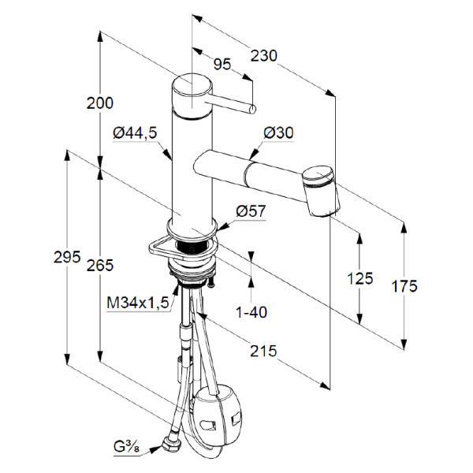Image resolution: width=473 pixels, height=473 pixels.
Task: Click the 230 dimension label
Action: (x=265, y=55)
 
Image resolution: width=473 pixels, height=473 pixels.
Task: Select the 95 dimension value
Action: (x=222, y=65)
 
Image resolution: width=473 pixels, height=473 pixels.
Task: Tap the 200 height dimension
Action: (x=100, y=102)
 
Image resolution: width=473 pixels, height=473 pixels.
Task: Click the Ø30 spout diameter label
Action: (x=278, y=133)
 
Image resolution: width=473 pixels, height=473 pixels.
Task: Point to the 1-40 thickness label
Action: (x=252, y=312)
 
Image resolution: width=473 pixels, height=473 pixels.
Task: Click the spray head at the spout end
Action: (x=321, y=190)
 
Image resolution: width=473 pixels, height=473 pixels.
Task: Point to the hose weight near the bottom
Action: (x=217, y=414)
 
